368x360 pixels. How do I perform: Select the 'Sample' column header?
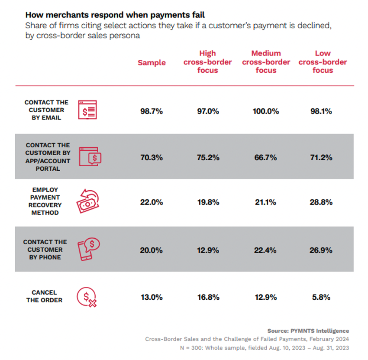152,62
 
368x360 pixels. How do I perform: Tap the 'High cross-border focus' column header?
207,62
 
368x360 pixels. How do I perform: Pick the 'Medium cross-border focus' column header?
266,62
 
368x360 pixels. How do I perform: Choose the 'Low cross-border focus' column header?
323,62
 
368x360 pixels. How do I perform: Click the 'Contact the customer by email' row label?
46,110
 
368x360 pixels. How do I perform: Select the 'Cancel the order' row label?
44,296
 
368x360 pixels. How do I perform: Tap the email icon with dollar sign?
87,110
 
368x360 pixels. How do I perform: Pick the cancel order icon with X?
87,297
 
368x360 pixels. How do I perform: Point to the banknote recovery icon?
87,201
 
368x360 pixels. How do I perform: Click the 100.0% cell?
266,111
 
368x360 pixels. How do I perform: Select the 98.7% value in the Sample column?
152,111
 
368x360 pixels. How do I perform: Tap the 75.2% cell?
208,157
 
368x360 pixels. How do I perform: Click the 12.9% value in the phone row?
208,250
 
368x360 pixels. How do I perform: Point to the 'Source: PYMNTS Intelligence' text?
308,331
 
